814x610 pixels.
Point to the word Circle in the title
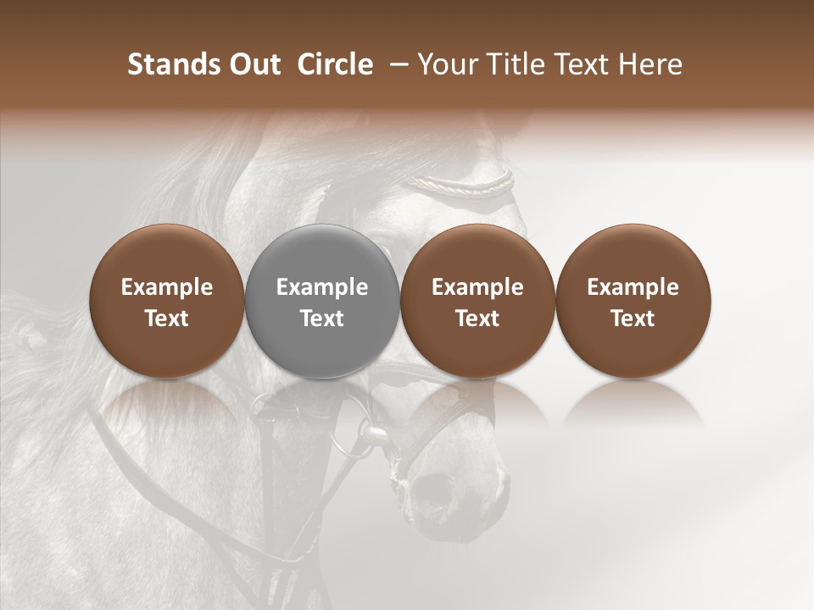335,64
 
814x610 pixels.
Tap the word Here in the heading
650,64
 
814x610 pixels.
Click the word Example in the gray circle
322,287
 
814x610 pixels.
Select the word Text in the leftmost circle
167,319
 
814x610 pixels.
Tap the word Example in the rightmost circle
633,287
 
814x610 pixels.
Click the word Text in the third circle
477,319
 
